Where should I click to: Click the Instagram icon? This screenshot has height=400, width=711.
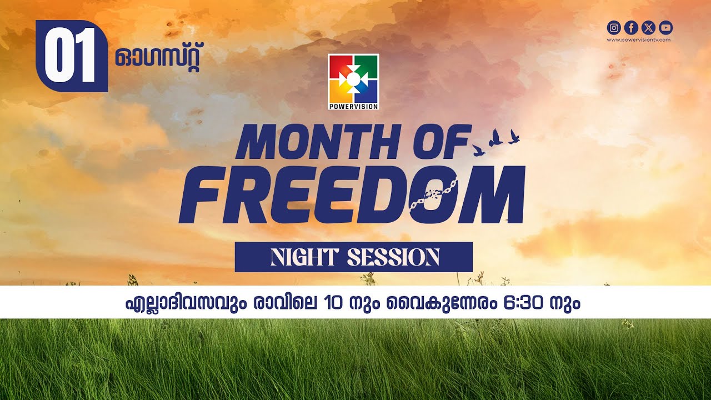[x=614, y=28]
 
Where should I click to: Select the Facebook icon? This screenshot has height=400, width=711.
[x=631, y=28]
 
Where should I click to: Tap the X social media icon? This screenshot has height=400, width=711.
[x=648, y=28]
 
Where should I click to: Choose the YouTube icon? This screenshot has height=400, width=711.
[x=665, y=28]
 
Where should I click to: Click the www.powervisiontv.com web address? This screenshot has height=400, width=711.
[x=639, y=40]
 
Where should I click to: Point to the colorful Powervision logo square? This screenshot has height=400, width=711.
[x=353, y=78]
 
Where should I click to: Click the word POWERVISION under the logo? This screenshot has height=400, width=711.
[x=353, y=106]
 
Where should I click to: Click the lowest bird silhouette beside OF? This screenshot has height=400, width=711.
[x=478, y=150]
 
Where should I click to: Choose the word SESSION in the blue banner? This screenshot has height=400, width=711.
[x=393, y=257]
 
